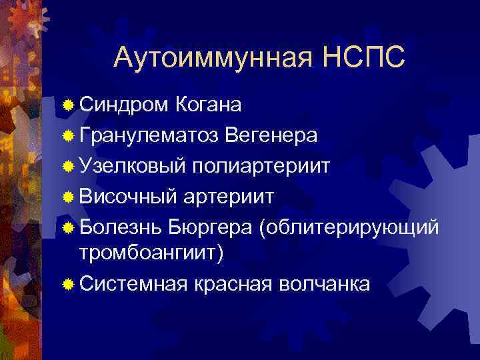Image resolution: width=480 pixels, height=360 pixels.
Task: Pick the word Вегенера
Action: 271,135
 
